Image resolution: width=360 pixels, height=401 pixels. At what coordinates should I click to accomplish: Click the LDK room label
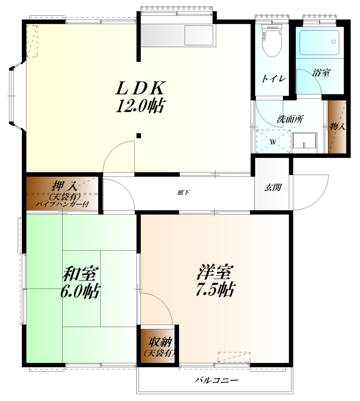click(x=140, y=88)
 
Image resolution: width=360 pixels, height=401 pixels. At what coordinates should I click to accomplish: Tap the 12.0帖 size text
click(x=140, y=106)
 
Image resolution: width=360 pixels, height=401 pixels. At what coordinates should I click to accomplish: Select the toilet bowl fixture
click(x=272, y=40)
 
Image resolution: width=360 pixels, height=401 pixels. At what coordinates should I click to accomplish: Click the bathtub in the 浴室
click(x=319, y=43)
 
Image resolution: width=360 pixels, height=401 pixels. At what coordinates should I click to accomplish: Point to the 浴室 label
click(x=321, y=72)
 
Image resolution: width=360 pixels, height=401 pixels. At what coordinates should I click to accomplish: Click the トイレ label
click(x=273, y=78)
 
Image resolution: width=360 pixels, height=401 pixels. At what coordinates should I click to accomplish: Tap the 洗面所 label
click(x=290, y=119)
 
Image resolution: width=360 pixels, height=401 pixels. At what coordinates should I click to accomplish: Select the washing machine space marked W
click(x=273, y=141)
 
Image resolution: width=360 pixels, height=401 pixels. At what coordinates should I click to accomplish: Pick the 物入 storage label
click(x=337, y=126)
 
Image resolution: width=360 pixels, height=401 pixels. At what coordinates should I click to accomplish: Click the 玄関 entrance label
click(x=273, y=188)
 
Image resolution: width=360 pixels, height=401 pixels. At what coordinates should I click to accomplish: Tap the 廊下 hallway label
click(x=183, y=192)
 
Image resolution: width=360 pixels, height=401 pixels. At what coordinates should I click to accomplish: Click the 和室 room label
click(x=80, y=273)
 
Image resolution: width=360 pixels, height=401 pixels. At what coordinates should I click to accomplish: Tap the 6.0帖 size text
click(x=80, y=291)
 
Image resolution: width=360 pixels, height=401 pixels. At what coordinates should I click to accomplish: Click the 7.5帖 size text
click(x=215, y=289)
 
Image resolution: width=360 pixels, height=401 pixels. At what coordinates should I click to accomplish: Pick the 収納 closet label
click(x=160, y=342)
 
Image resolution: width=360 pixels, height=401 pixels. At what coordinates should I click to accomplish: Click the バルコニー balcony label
click(x=216, y=380)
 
